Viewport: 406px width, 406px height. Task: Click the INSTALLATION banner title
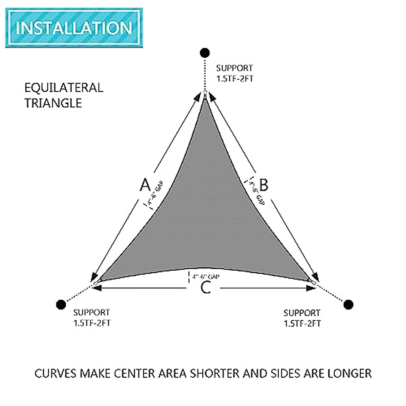pyautogui.click(x=74, y=28)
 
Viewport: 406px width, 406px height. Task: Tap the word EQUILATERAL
pyautogui.click(x=64, y=88)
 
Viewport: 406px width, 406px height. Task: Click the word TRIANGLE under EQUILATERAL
pyautogui.click(x=53, y=103)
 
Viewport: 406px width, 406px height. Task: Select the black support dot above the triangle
pyautogui.click(x=205, y=53)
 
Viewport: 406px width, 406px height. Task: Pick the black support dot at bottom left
pyautogui.click(x=61, y=304)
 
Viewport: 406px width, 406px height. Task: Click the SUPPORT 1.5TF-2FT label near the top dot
pyautogui.click(x=234, y=73)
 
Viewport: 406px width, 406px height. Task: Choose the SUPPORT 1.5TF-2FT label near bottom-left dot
pyautogui.click(x=92, y=317)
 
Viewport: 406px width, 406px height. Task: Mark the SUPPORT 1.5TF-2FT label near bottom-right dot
pyautogui.click(x=302, y=318)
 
